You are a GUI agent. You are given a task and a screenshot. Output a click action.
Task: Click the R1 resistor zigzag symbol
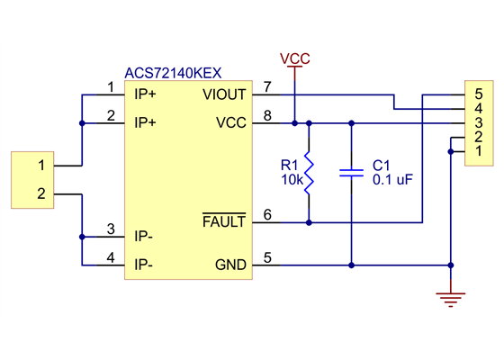coord(309,173)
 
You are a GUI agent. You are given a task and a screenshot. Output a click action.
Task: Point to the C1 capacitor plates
coord(351,173)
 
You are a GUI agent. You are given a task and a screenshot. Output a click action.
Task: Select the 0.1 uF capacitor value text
coord(392,179)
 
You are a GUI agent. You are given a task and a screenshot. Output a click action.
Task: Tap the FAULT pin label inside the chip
coord(224,221)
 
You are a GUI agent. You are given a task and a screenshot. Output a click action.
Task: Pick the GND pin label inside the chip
coord(230,265)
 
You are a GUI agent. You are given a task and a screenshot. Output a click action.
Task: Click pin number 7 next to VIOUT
coord(267,87)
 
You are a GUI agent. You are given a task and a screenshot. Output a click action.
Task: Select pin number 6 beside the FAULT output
coord(267,214)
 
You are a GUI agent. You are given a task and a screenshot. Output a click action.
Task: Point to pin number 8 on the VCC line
coord(267,115)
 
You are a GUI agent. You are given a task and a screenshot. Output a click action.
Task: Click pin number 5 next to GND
coord(267,258)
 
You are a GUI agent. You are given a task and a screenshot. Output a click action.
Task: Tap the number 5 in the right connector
coord(479,94)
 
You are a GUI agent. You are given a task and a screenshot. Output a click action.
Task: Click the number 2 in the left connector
coord(40,193)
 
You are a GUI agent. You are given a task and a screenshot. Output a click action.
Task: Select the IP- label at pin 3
coord(143,237)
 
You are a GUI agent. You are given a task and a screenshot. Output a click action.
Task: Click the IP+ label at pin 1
coord(145,94)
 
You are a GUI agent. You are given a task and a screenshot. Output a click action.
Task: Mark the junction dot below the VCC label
coord(294,121)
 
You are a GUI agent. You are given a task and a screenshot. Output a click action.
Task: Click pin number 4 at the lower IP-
coord(110,258)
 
